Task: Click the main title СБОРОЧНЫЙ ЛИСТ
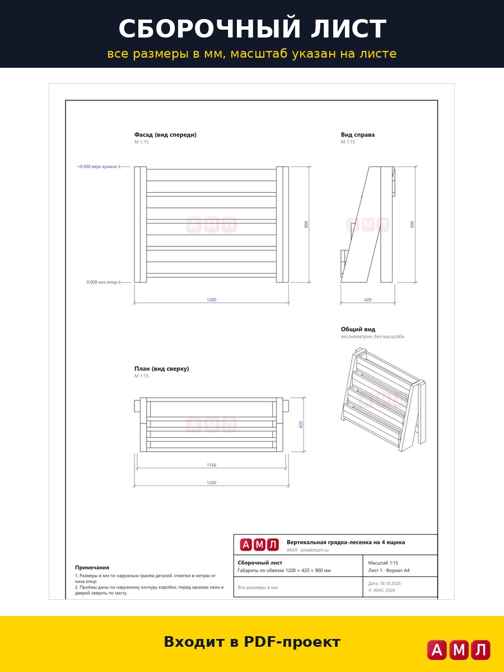tap(252, 29)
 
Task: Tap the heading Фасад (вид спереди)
tap(165, 135)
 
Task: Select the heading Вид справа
tap(358, 135)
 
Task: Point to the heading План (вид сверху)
tap(162, 368)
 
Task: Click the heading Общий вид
tap(358, 329)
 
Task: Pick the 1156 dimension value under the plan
tap(212, 465)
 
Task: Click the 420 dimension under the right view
tap(367, 300)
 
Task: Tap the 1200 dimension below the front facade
tap(212, 300)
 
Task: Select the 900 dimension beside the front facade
tap(306, 225)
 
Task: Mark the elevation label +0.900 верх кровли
tap(97, 166)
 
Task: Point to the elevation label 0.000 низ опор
tap(101, 282)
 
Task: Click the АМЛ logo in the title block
tap(259, 545)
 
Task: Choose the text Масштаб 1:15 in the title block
tap(383, 563)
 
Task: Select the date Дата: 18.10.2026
tap(384, 583)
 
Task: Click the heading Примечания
tap(92, 567)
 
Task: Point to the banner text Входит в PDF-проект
tap(252, 642)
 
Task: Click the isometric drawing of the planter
tap(383, 399)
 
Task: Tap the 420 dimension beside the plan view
tap(301, 424)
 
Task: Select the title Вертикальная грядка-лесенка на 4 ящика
tap(346, 542)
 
